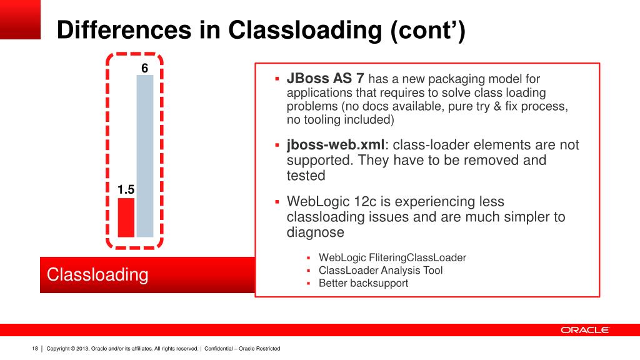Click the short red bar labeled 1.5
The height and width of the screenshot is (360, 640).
click(126, 217)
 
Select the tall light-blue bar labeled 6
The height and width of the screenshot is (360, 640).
click(145, 156)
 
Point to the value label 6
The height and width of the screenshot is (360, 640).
click(144, 69)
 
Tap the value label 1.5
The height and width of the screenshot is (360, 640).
click(126, 189)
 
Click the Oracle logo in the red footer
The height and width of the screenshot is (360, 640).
click(584, 330)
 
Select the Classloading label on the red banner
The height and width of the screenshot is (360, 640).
click(98, 275)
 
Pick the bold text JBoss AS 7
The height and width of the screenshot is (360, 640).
click(325, 79)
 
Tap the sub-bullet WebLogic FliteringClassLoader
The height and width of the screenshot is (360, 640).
click(392, 257)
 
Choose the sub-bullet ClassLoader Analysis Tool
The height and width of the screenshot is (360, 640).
click(381, 271)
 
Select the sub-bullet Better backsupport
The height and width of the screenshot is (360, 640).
click(363, 283)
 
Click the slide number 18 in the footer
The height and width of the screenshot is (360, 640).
click(35, 348)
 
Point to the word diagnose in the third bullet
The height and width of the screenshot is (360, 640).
click(316, 232)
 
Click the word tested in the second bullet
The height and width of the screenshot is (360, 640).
click(306, 176)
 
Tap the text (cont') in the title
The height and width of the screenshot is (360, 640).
click(428, 31)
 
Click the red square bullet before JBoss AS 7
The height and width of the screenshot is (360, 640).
click(277, 80)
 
